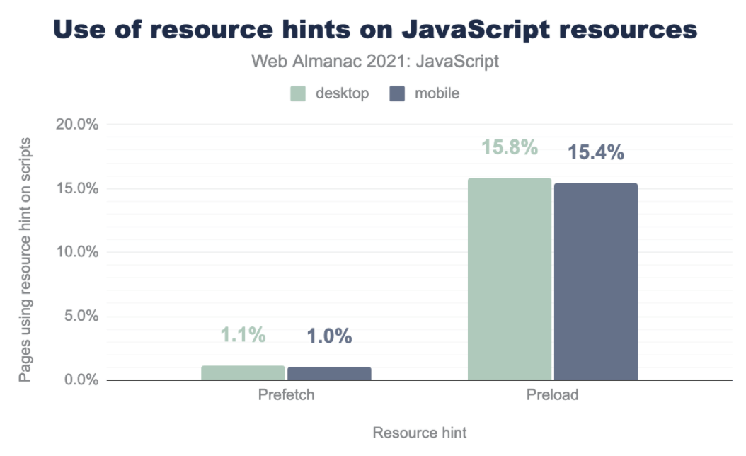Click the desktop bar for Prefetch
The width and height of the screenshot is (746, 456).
[x=243, y=372]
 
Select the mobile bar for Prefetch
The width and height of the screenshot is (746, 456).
[x=329, y=373]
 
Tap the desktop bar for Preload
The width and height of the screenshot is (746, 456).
[x=509, y=279]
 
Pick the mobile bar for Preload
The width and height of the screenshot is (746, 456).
[x=595, y=281]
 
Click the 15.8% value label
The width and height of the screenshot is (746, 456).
[x=510, y=149]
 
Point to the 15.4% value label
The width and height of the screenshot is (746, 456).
[x=596, y=152]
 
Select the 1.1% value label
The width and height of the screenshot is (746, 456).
[x=243, y=336]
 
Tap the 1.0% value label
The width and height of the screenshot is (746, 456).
[x=329, y=337]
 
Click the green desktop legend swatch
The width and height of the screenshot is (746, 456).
[x=298, y=94]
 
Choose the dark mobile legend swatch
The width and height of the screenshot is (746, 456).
[x=397, y=94]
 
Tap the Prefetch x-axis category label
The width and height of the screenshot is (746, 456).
[x=286, y=395]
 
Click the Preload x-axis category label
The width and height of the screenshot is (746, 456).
[x=552, y=395]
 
